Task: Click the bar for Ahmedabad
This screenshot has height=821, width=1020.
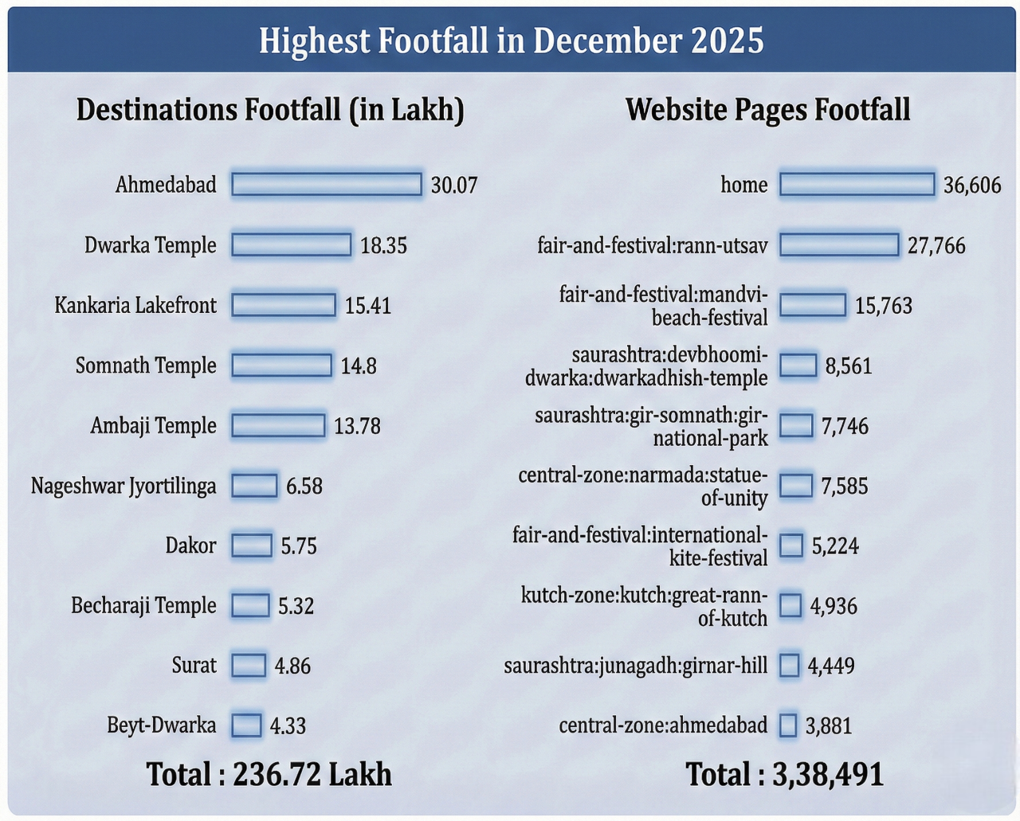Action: pos(326,185)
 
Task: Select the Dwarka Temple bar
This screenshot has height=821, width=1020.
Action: pos(291,245)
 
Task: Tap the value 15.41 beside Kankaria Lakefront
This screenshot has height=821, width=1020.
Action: pos(367,306)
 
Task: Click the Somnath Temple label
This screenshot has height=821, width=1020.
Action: pos(146,366)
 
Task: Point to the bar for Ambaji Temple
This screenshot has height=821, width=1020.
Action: pos(278,426)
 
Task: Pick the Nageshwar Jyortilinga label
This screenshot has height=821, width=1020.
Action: pos(124,486)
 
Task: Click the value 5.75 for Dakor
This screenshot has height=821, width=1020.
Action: pos(299,546)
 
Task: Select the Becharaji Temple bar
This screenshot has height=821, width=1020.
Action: pos(250,606)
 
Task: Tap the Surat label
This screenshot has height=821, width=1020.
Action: pos(194,665)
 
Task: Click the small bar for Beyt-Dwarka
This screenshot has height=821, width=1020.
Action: pos(246,725)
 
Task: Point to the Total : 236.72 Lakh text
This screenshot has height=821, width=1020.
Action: pos(269,774)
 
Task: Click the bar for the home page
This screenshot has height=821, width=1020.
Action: pos(857,185)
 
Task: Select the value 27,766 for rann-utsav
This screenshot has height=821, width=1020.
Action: pos(936,245)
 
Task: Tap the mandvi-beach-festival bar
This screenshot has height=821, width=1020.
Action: pos(812,305)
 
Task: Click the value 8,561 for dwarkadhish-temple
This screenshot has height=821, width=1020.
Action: pos(849,366)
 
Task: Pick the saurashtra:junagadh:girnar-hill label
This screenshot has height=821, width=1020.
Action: pos(636,666)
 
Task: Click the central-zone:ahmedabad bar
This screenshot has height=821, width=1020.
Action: pos(788,725)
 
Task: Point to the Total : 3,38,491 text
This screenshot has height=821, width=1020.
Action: pos(785,774)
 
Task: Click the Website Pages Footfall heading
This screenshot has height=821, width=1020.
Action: pos(767,110)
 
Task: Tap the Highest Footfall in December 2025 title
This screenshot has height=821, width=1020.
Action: pos(511,41)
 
